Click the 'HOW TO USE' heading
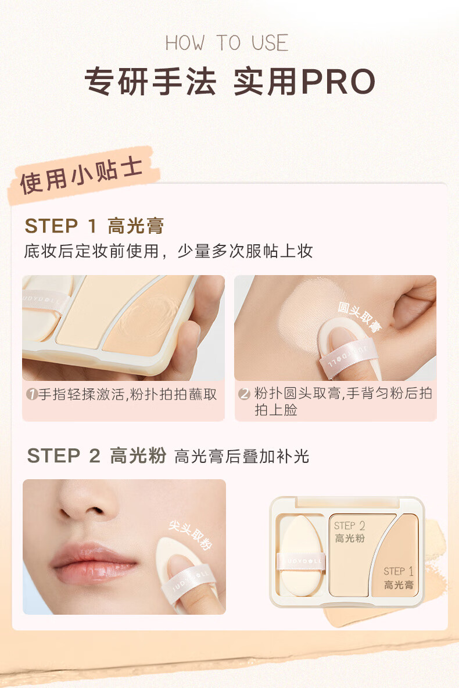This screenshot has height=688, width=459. pyautogui.click(x=227, y=43)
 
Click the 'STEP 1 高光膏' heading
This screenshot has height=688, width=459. pyautogui.click(x=94, y=226)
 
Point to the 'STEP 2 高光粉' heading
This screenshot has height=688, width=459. pyautogui.click(x=96, y=455)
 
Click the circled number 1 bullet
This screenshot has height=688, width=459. pyautogui.click(x=32, y=395)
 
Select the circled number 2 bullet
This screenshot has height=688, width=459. pyautogui.click(x=245, y=395)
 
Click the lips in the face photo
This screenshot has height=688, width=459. pyautogui.click(x=93, y=563)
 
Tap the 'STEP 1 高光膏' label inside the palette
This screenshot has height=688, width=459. pyautogui.click(x=399, y=578)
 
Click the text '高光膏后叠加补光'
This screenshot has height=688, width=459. pyautogui.click(x=242, y=457)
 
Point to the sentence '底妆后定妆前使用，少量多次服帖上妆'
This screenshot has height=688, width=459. pyautogui.click(x=168, y=251)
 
